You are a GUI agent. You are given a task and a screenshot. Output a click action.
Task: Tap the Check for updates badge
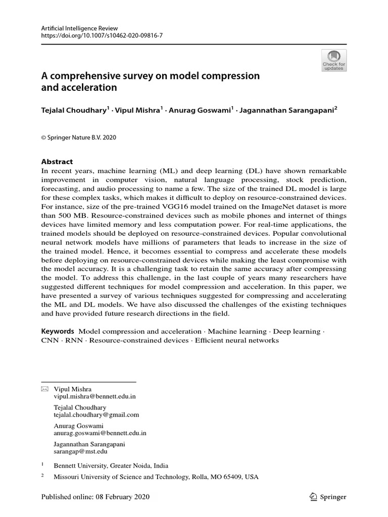(x=334, y=61)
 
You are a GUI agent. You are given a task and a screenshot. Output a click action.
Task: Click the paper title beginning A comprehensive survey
(x=150, y=82)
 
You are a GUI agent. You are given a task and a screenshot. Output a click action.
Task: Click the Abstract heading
(x=57, y=162)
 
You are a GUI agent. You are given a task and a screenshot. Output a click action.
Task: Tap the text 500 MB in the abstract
(x=73, y=216)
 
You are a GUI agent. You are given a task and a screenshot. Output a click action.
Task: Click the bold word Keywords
(x=57, y=331)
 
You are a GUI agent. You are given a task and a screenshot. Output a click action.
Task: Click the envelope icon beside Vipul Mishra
(x=44, y=389)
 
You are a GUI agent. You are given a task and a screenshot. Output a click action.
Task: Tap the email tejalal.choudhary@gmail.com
(x=96, y=415)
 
